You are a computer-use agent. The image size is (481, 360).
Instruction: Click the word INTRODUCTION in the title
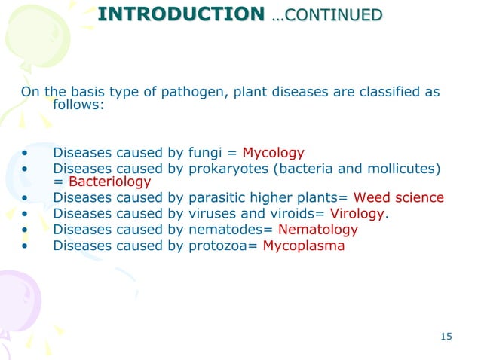[181, 14]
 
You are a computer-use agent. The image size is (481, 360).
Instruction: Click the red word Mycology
[273, 151]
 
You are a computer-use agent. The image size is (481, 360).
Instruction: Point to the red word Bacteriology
[109, 182]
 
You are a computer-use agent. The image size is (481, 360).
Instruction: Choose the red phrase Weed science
[399, 198]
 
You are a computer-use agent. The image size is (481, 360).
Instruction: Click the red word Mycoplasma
[303, 246]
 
